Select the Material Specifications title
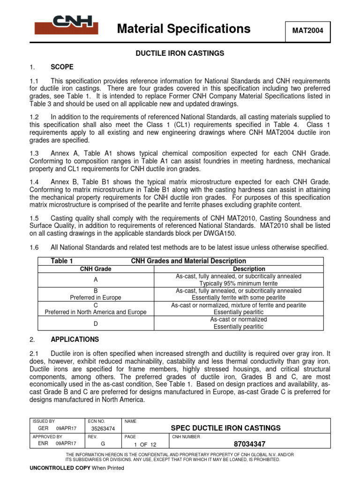pos(183,29)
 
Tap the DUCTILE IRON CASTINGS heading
pos(180,53)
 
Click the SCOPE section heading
pos(62,67)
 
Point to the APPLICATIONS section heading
pos(75,339)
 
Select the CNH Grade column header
pos(96,269)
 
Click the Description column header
pos(249,269)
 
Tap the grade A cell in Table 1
pos(96,280)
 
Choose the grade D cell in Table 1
pos(96,323)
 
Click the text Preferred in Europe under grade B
pos(96,298)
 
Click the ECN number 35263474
pos(102,428)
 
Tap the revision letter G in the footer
pos(103,443)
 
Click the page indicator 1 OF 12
pos(145,444)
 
